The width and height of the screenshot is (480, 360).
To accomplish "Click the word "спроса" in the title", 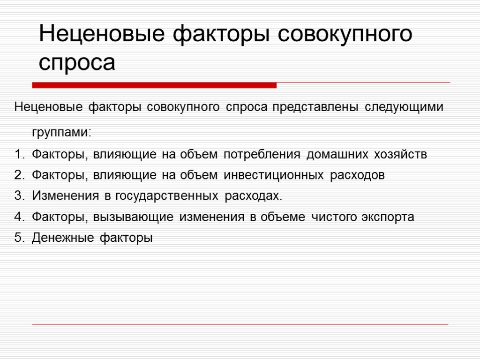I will click(x=77, y=62).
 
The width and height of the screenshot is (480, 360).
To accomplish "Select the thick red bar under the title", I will click(x=154, y=85).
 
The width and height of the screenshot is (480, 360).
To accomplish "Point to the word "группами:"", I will click(x=62, y=133).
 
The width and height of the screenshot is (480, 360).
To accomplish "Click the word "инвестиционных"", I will click(x=274, y=175).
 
